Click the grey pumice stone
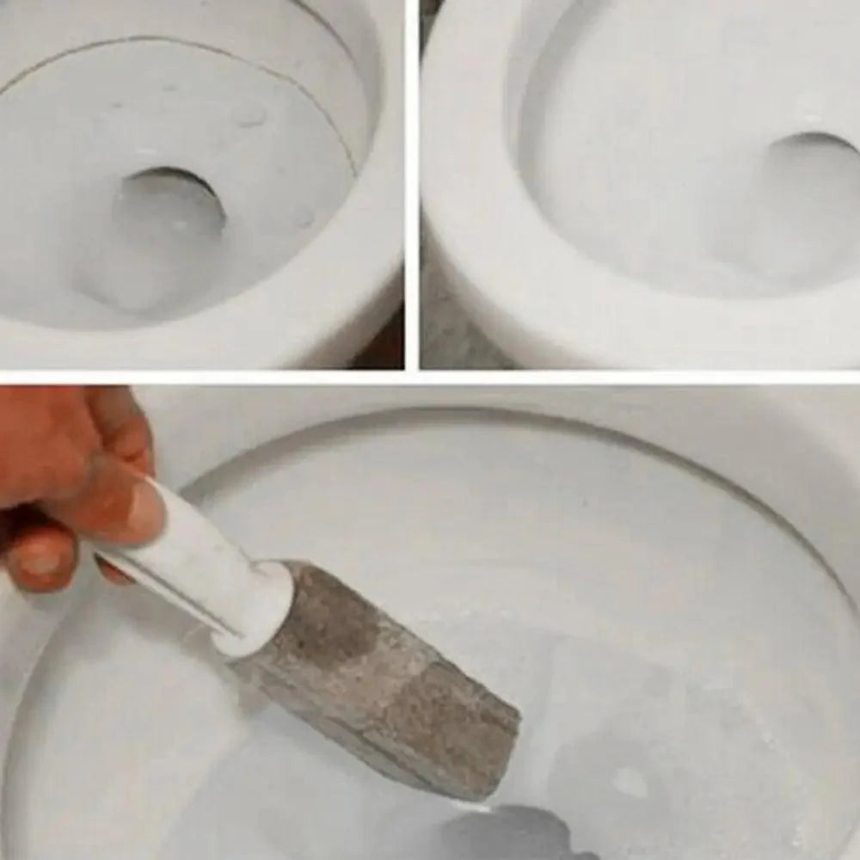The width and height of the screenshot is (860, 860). click(x=378, y=679)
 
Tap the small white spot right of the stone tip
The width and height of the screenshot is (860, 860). click(x=630, y=781)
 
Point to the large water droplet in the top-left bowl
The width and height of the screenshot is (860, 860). click(x=249, y=116)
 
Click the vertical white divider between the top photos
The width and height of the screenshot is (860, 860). click(x=412, y=172)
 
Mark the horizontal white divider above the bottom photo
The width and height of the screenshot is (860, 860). click(x=430, y=377)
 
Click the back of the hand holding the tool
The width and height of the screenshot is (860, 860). click(x=52, y=447)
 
